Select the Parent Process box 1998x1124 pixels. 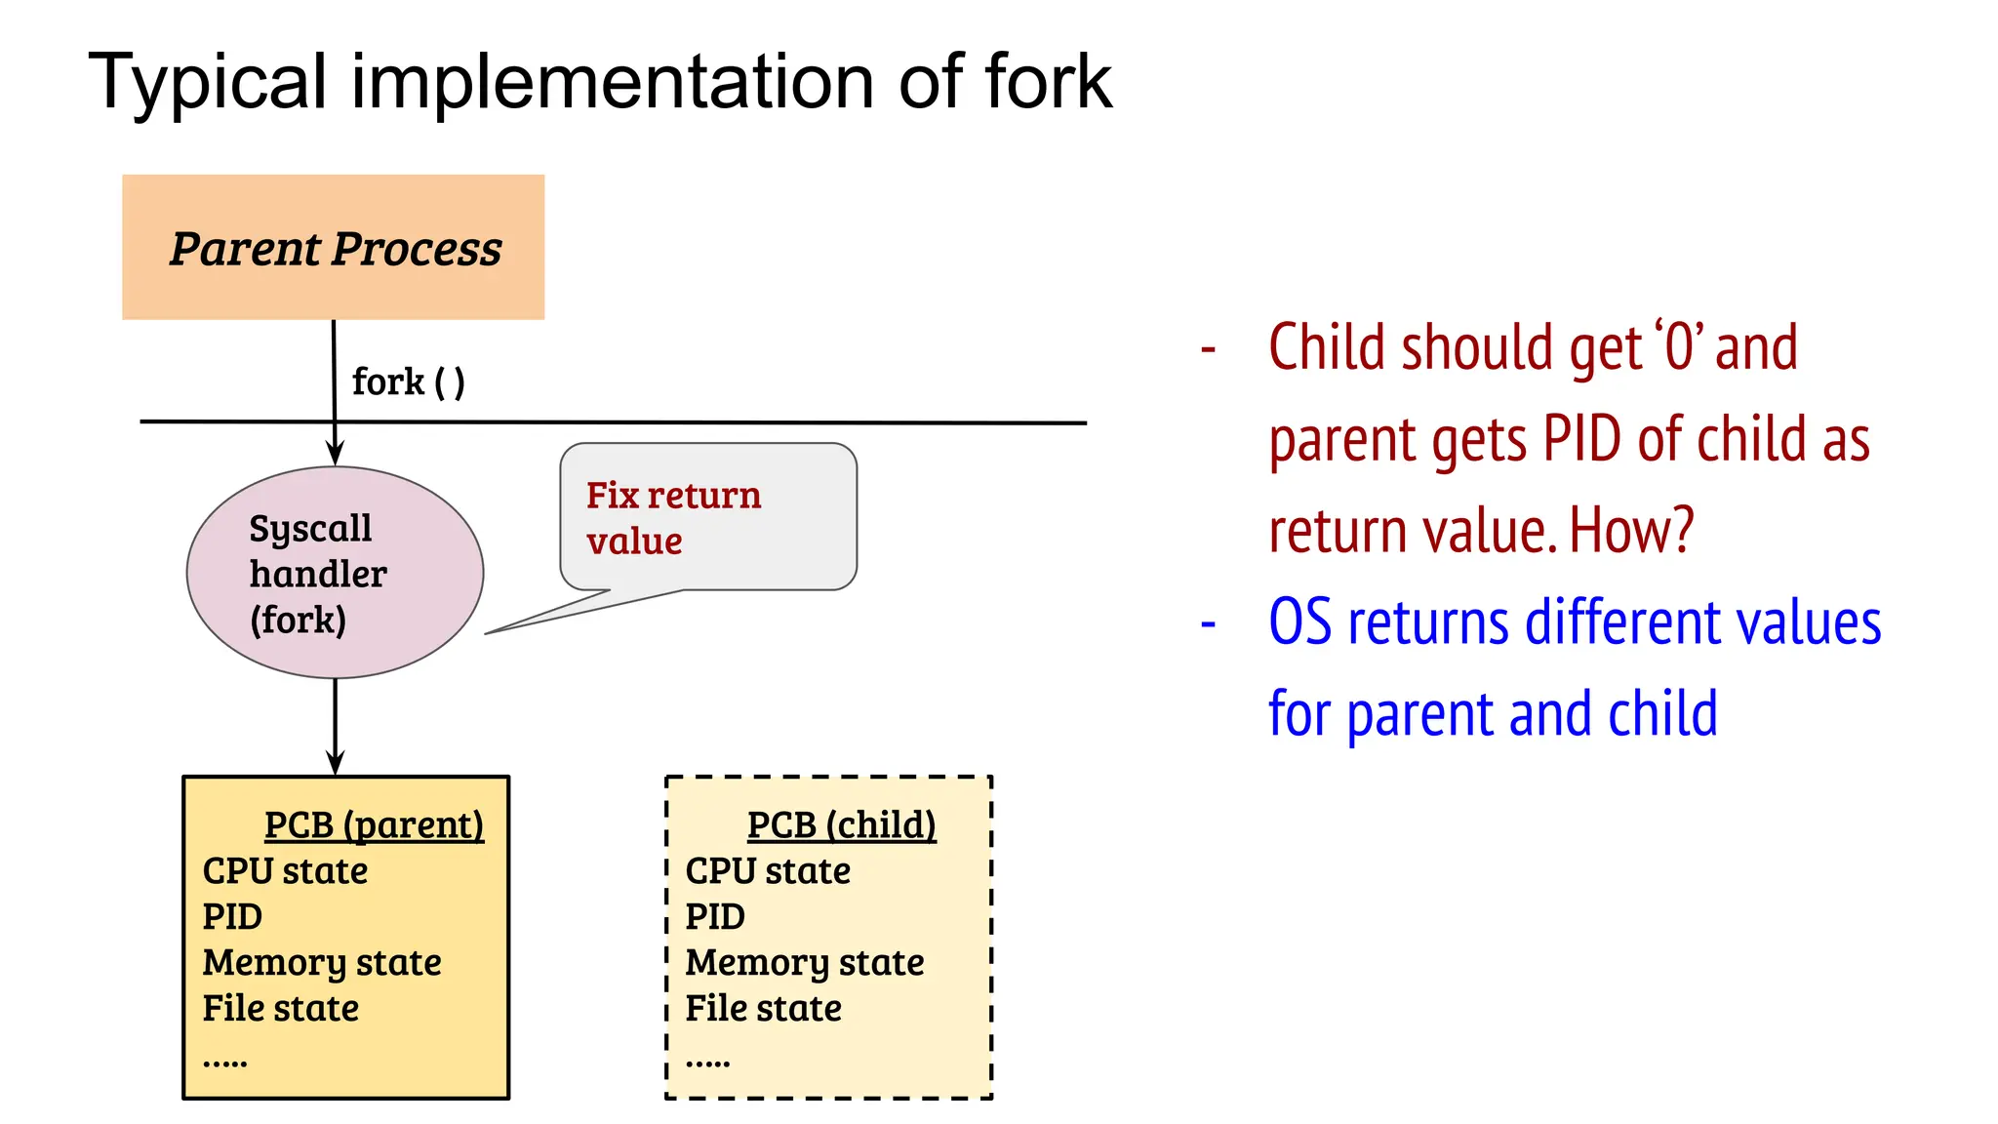tap(333, 247)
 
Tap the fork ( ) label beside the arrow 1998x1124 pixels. tap(408, 381)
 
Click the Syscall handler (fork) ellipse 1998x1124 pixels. tap(335, 573)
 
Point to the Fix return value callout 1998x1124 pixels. tap(707, 517)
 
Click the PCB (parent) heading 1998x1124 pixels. tap(374, 825)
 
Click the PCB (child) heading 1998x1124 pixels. tap(841, 825)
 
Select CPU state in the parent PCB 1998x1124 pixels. tap(285, 871)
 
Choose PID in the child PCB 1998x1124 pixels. tap(714, 917)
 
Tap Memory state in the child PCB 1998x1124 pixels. tap(804, 963)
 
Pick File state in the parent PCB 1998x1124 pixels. tap(280, 1009)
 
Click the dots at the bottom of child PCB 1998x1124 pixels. tap(707, 1063)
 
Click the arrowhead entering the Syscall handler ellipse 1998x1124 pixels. tap(335, 455)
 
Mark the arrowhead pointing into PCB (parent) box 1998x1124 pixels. tap(335, 763)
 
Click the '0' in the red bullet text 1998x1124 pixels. tap(1679, 347)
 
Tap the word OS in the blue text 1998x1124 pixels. tap(1299, 622)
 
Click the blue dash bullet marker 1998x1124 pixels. tap(1208, 622)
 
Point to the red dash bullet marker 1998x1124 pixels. tap(1208, 348)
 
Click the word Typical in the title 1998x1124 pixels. tap(207, 82)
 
